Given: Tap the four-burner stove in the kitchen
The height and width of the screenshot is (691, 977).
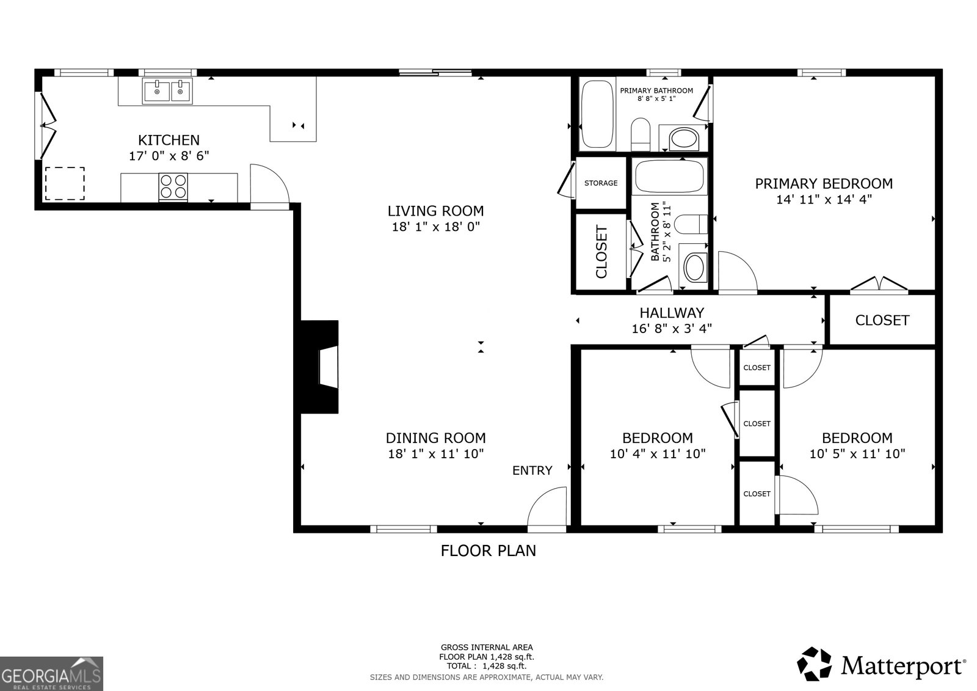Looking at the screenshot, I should coord(173,186).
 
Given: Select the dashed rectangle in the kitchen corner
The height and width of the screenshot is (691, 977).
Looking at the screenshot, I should coord(64,183).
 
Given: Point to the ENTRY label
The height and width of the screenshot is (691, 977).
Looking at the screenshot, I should coord(532,470).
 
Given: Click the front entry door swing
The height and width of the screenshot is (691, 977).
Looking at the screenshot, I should coord(548,506).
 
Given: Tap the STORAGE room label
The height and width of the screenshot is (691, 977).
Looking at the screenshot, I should coord(601,183).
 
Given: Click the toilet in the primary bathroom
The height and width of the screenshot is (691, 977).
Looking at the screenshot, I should coord(641,134).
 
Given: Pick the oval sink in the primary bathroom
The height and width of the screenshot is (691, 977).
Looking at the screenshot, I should coord(683,139).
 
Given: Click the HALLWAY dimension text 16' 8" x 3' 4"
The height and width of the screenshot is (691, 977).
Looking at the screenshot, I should coord(672,329).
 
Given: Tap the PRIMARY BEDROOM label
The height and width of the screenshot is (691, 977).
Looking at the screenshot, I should coord(823,183).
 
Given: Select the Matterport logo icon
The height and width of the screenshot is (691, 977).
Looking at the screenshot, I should coord(815,664).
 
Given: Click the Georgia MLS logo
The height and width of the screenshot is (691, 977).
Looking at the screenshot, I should coord(51,673).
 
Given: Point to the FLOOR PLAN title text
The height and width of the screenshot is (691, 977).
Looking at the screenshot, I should coord(488,550).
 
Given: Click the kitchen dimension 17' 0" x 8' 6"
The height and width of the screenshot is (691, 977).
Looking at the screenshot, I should coord(169,156).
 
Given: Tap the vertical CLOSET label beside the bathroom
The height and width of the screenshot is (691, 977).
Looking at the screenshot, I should coord(601,252).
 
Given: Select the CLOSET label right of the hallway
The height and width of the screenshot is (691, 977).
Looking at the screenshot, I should coord(882,320).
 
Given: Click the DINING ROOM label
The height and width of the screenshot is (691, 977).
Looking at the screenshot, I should coord(435,437).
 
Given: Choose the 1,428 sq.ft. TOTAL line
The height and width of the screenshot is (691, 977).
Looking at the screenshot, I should coord(486,666).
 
